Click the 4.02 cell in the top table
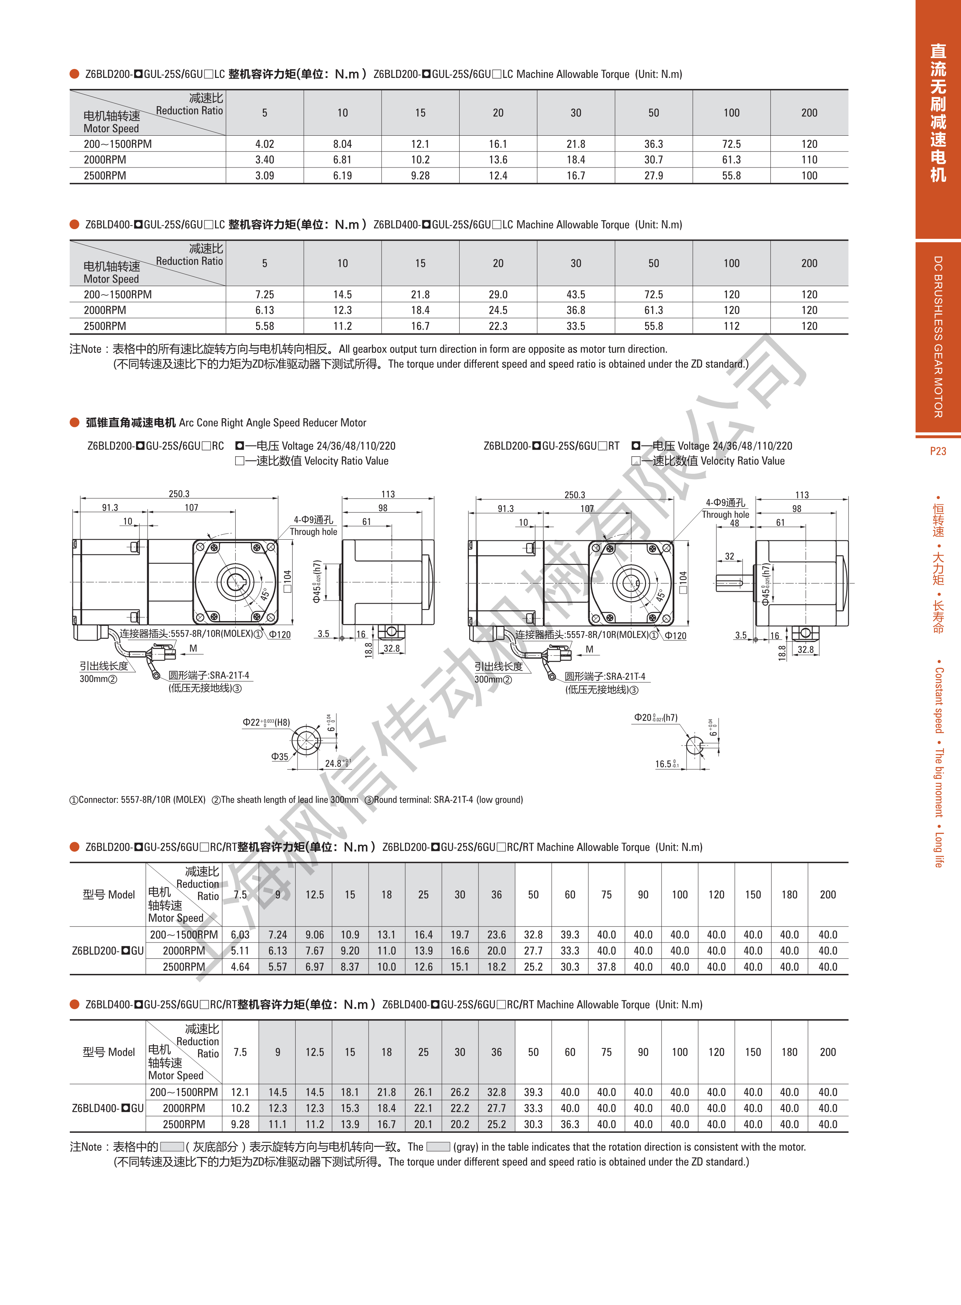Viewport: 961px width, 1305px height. tap(264, 144)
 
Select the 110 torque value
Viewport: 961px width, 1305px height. tap(809, 159)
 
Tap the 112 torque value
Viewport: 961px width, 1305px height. tap(731, 326)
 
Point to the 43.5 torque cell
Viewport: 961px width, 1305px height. tap(575, 295)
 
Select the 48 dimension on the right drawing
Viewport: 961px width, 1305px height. tap(734, 523)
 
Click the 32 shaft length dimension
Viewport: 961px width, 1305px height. tap(730, 556)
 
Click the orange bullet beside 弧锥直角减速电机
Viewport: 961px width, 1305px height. tap(74, 423)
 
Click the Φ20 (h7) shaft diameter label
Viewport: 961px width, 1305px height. tap(656, 718)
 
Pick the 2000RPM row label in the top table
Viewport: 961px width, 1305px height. tap(105, 159)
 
